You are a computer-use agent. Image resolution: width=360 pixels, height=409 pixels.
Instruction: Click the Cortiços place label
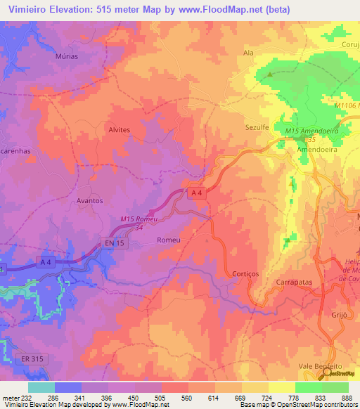click(246, 273)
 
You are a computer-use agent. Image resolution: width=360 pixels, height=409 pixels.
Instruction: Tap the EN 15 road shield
click(115, 242)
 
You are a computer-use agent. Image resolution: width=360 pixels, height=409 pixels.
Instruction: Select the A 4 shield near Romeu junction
click(198, 192)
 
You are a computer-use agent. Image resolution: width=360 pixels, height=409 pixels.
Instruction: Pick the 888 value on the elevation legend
click(345, 397)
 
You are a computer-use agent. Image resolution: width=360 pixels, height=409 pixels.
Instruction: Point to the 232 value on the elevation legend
click(16, 397)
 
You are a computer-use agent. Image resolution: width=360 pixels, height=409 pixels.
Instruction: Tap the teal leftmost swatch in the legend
click(41, 387)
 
